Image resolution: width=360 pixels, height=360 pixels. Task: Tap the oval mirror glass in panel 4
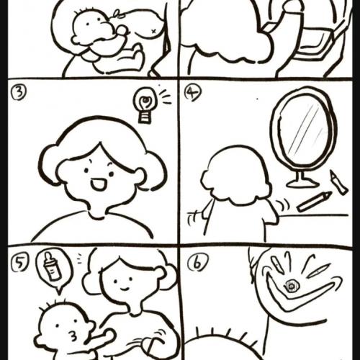tap(305, 128)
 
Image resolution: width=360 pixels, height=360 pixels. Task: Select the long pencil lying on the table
tap(314, 201)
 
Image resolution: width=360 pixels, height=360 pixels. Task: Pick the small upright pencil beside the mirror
tap(338, 181)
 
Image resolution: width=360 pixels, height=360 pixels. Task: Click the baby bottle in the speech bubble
tap(52, 267)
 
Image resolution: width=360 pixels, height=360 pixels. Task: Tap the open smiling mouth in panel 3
tap(98, 184)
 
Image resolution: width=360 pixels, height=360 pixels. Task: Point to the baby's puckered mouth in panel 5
tap(73, 336)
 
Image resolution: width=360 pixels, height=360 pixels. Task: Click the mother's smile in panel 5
tap(125, 287)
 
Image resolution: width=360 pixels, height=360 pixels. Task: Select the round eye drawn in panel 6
tap(292, 287)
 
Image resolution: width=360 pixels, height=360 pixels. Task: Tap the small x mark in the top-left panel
tap(154, 31)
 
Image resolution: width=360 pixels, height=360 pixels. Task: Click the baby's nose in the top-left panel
tap(122, 30)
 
